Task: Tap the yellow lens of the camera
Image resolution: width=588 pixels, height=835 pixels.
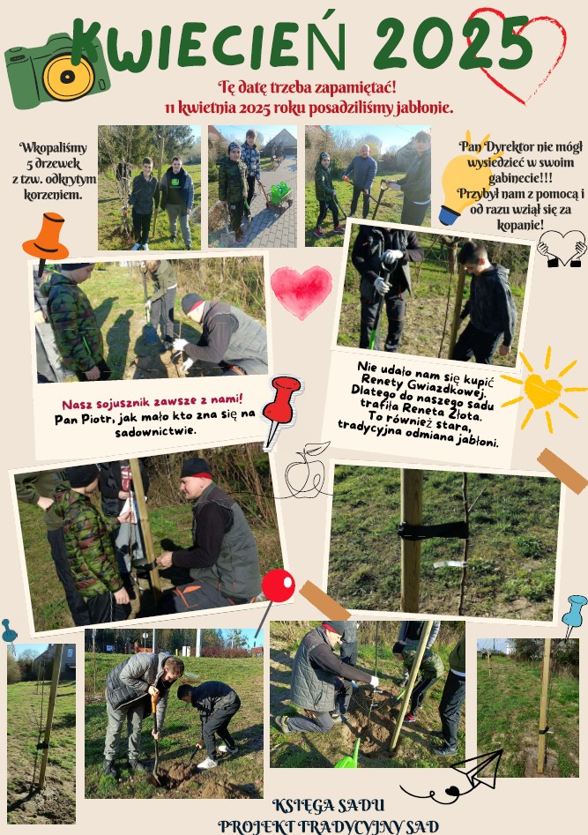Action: pos(68,78)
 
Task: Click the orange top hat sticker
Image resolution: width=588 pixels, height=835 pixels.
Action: pos(45,237)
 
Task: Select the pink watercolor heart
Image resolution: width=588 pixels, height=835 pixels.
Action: pos(301,292)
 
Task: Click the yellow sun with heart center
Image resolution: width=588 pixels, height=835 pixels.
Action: pos(543,390)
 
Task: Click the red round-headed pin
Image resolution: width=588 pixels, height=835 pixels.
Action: pos(278,585)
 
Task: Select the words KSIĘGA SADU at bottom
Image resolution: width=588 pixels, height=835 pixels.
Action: pos(328,805)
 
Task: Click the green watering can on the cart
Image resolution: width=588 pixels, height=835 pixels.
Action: pos(280,193)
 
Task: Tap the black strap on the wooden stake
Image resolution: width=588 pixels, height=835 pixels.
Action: pos(433,531)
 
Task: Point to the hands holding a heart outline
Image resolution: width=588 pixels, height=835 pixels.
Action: pos(562,248)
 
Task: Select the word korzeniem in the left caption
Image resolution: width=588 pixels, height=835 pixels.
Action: pos(53,195)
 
